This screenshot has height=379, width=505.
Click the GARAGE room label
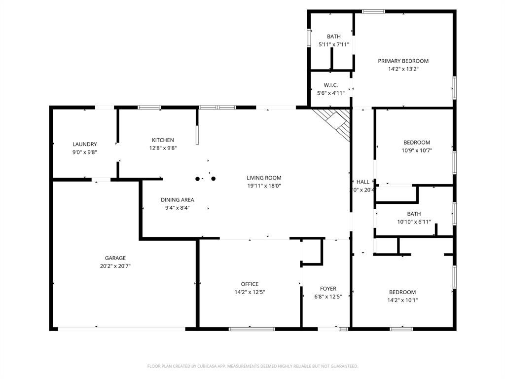click(x=115, y=258)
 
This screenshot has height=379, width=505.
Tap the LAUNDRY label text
click(x=84, y=145)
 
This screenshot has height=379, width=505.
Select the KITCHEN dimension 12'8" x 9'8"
click(x=163, y=148)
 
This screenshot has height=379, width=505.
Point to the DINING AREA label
click(x=177, y=200)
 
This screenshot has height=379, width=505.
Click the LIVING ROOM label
click(x=264, y=178)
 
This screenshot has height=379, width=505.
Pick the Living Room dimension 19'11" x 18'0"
click(x=264, y=186)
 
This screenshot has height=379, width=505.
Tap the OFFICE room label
click(x=250, y=284)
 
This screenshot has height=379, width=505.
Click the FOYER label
click(x=328, y=289)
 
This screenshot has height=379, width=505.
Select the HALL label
click(x=363, y=182)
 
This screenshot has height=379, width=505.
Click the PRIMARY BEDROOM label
click(x=403, y=61)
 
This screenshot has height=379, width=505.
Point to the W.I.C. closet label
click(x=330, y=85)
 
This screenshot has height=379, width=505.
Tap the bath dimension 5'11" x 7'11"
click(x=333, y=44)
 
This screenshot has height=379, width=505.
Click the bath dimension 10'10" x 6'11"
click(x=414, y=222)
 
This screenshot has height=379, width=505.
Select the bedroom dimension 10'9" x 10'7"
click(x=416, y=151)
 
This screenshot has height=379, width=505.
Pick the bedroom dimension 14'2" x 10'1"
click(x=402, y=300)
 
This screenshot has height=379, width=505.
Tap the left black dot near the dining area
click(x=198, y=179)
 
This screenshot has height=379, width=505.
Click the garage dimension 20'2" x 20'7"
click(x=115, y=266)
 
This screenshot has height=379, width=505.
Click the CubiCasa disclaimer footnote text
click(x=252, y=366)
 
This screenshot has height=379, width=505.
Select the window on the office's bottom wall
click(x=252, y=329)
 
